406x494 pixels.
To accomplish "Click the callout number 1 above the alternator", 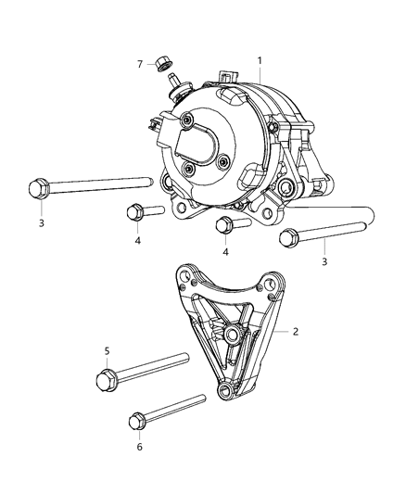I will click(x=260, y=60).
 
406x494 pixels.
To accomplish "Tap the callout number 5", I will click(x=107, y=351).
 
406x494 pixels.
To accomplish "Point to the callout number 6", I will click(x=139, y=446).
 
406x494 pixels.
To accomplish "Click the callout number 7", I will click(x=140, y=64).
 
